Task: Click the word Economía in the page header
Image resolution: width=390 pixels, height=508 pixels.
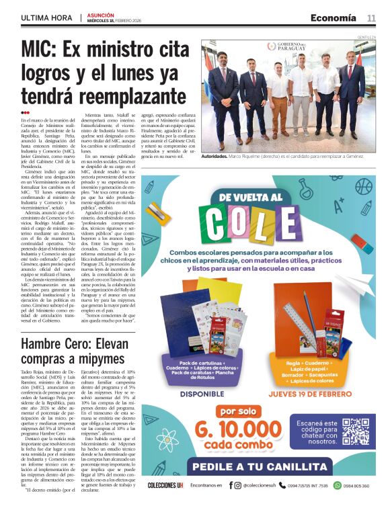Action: tap(334, 18)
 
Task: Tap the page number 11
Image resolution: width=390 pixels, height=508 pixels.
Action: tap(371, 18)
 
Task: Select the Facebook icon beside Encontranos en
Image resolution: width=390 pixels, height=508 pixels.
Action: tap(231, 485)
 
